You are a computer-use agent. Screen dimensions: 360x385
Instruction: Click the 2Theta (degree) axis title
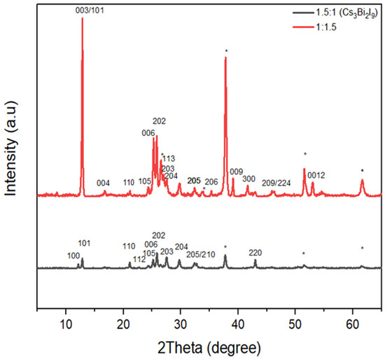pyautogui.click(x=209, y=347)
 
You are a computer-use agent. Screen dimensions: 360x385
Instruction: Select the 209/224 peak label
pyautogui.click(x=276, y=183)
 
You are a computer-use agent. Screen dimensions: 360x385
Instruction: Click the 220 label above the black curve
pyautogui.click(x=255, y=252)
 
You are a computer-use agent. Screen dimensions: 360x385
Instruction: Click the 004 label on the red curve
pyautogui.click(x=103, y=183)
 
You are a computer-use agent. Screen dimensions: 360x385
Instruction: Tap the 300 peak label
pyautogui.click(x=248, y=179)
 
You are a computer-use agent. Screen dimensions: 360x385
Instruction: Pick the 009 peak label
pyautogui.click(x=236, y=172)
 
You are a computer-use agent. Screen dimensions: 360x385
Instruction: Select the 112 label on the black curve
pyautogui.click(x=139, y=258)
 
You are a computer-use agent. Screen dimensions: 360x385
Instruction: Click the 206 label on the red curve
pyautogui.click(x=211, y=181)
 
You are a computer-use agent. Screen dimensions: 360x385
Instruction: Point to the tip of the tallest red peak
pyautogui.click(x=83, y=18)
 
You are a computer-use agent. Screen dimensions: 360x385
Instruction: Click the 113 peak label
pyautogui.click(x=168, y=159)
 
